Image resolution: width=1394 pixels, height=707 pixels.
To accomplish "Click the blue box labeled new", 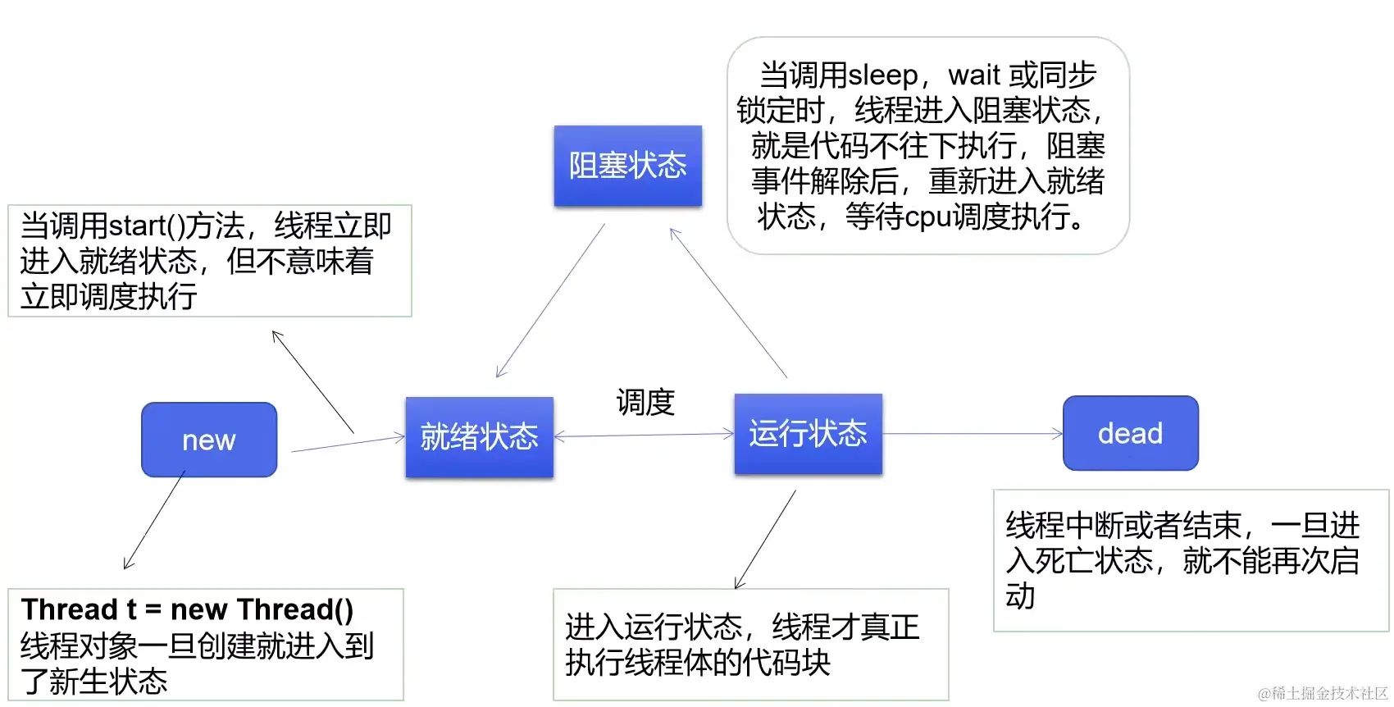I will point(209,440).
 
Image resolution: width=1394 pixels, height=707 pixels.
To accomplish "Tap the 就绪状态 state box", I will point(479,437).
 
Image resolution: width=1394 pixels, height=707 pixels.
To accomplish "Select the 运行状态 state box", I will point(808,434).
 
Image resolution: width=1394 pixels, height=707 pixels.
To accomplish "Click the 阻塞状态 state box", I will point(627,166).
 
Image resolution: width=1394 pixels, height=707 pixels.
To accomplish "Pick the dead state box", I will point(1130,433).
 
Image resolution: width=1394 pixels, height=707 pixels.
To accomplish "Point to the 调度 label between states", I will point(645,403).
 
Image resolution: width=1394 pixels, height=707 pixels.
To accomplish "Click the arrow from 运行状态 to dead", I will point(972,434).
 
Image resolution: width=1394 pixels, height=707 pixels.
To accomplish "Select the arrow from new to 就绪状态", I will point(348,444).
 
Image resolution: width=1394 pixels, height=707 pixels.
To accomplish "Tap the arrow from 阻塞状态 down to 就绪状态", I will point(550,300).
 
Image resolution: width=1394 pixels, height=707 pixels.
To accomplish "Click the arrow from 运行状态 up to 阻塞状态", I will point(728,303).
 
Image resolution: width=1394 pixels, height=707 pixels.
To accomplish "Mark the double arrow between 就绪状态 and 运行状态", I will point(644,436).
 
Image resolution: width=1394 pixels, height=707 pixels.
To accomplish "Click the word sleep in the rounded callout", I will point(882,75).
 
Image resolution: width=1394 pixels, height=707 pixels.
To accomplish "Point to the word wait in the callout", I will point(974,75).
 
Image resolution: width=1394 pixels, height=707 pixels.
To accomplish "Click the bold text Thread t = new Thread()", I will point(187,609).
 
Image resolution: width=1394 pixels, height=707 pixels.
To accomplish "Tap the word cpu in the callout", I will point(927,217).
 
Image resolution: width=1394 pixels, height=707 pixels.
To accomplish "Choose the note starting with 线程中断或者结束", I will point(1190,560).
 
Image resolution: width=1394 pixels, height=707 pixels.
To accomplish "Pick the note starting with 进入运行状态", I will point(749,644).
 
